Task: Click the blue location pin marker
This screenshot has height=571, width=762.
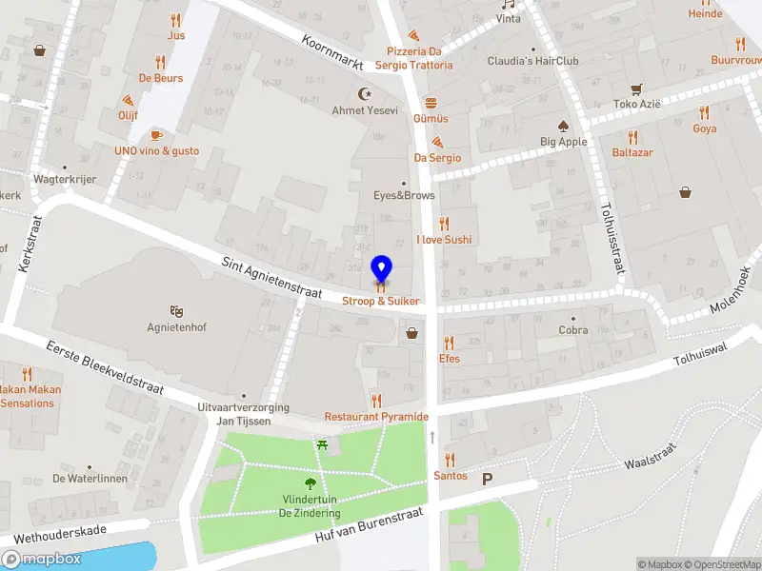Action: pos(381,268)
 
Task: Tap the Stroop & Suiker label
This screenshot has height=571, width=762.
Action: pos(381,301)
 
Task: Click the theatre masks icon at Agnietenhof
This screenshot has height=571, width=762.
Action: pos(175,311)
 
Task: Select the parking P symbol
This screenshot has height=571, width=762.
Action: pos(488,480)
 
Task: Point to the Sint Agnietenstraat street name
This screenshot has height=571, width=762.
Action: pos(272,279)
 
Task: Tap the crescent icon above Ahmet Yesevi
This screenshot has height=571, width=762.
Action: pos(364,93)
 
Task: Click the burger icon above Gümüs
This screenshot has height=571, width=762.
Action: pos(431,102)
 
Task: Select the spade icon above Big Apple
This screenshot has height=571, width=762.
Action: pos(563,126)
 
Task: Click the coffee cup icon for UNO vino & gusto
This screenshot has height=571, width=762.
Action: pos(156,134)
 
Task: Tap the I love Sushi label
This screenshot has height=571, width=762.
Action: pos(444,240)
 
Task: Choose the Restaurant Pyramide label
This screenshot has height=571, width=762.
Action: pos(376,417)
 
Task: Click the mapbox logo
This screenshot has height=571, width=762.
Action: pos(43,559)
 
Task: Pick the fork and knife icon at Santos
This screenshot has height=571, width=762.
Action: pos(450,460)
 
